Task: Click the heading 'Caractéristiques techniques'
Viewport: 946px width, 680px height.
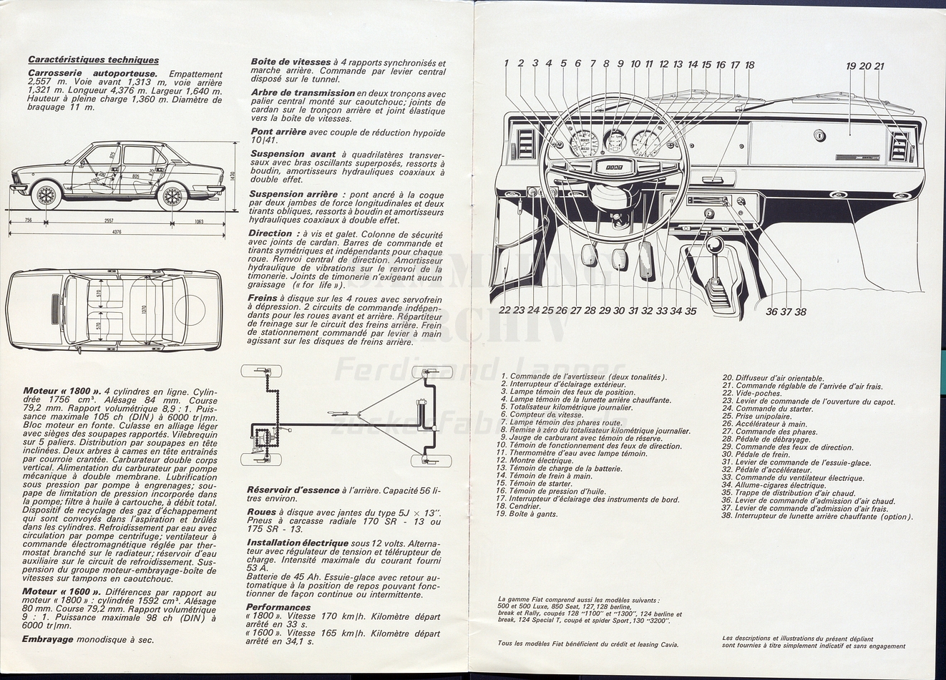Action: [93, 60]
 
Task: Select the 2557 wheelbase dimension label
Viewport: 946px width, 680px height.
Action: [109, 221]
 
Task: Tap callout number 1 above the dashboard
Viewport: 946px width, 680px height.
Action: [506, 64]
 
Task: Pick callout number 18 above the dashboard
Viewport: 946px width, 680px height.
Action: [749, 65]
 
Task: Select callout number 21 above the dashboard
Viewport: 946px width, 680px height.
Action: [879, 67]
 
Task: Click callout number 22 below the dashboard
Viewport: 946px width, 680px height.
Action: [504, 311]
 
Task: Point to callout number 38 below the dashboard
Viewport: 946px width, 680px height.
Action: [800, 311]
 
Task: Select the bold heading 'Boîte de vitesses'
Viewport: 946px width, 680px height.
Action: [291, 62]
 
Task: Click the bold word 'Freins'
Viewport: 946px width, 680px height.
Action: [263, 298]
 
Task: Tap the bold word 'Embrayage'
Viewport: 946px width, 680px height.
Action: [48, 639]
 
